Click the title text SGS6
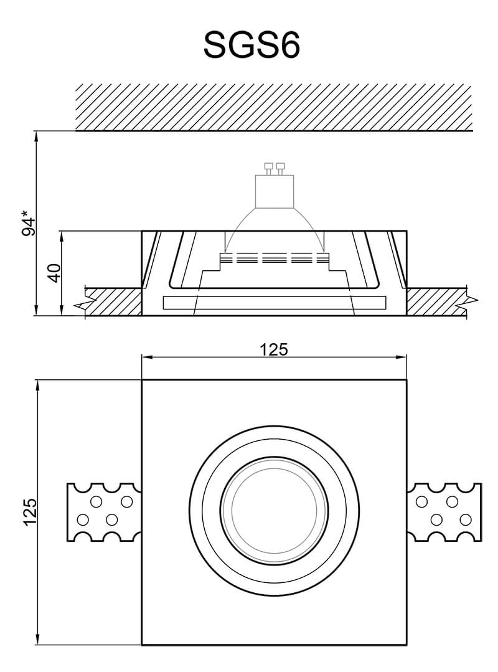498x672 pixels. (251, 45)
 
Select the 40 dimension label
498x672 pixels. (55, 273)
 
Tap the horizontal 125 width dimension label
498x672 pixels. (274, 349)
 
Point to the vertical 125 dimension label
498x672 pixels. (30, 512)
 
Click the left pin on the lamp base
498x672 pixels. (269, 166)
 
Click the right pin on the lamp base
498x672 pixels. (280, 166)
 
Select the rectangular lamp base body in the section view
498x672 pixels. (275, 191)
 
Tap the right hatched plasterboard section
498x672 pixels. (436, 301)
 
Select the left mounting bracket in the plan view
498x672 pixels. (103, 512)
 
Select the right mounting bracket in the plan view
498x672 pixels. (444, 512)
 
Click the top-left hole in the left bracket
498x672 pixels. (96, 502)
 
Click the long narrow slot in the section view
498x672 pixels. (274, 303)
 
